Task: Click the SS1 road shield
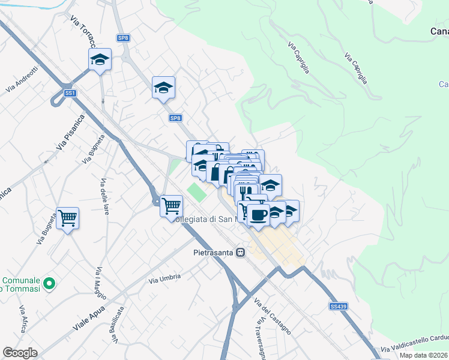(71, 93)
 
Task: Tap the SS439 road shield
(337, 306)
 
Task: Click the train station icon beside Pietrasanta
(241, 253)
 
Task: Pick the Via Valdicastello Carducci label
(414, 349)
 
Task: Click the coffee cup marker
(258, 215)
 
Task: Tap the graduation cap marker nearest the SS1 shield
(100, 59)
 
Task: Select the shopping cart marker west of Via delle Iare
(67, 218)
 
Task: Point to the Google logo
(20, 353)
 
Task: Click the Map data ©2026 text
(424, 355)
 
